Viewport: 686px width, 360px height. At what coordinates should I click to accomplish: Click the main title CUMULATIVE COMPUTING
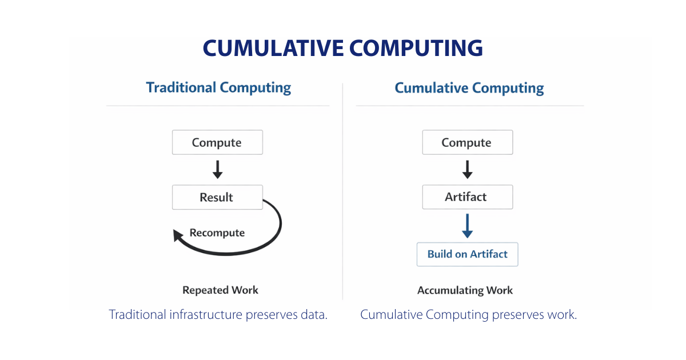pos(342,48)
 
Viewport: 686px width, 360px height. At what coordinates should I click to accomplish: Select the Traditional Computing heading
pos(218,87)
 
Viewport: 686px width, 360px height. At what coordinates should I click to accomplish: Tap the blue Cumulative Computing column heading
pos(469,88)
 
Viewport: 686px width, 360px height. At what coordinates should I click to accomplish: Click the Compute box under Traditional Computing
pos(217,142)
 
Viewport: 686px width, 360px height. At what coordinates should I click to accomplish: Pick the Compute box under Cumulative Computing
pos(467,142)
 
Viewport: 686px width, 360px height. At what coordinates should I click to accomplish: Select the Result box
pos(217,197)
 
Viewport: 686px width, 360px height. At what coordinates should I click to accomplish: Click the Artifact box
pos(467,197)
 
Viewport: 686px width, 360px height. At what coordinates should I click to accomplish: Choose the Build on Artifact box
pos(467,254)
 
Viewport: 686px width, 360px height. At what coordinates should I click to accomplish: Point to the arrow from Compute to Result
pos(217,170)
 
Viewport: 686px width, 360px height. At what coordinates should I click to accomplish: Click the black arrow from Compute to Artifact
pos(467,170)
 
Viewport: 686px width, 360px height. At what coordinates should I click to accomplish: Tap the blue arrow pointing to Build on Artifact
pos(467,226)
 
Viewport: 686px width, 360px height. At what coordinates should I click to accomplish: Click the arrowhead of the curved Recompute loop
pos(179,235)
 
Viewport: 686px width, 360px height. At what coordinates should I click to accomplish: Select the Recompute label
pos(217,233)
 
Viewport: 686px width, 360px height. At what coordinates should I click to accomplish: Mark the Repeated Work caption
pos(220,290)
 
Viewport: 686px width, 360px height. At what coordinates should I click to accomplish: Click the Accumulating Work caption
pos(465,290)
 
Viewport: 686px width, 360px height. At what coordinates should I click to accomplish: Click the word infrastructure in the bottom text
pos(200,315)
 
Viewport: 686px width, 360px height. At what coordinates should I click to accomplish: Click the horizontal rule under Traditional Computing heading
pos(217,106)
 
